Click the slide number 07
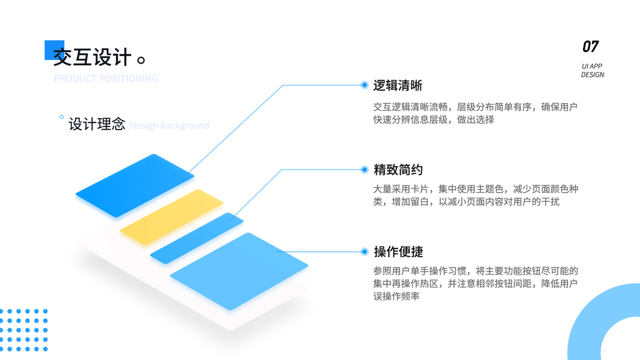coord(590,46)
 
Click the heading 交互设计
coord(92,58)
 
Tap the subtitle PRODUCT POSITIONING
coord(106,79)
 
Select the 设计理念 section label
coord(97,124)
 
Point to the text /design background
coord(169,125)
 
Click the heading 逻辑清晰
coord(398,85)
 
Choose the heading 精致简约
coord(398,170)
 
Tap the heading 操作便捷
coord(398,251)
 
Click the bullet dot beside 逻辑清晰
coord(364,85)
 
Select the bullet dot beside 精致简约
coord(364,170)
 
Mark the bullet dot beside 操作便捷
coord(364,251)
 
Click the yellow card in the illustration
coord(171,217)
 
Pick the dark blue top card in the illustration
coord(135,185)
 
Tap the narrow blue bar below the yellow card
coord(197,238)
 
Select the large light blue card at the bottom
coord(239,271)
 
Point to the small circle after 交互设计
coord(142,60)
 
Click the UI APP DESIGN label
coord(592,71)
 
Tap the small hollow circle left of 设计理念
coord(61,118)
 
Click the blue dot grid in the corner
coord(23,330)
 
